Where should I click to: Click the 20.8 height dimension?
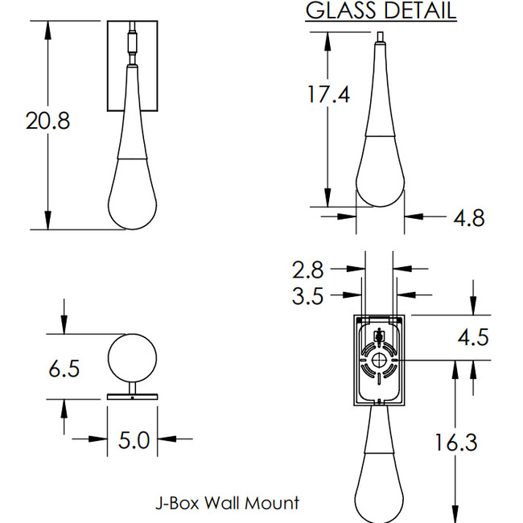[x=47, y=121]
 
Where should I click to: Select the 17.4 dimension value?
[x=328, y=94]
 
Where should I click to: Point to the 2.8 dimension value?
[x=307, y=270]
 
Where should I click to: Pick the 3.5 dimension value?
[x=307, y=296]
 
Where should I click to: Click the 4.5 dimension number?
[x=473, y=336]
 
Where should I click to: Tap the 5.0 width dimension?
[x=133, y=441]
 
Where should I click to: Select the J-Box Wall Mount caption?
[x=227, y=504]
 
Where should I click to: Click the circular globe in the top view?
[x=132, y=356]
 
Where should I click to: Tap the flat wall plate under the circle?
[x=132, y=397]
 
